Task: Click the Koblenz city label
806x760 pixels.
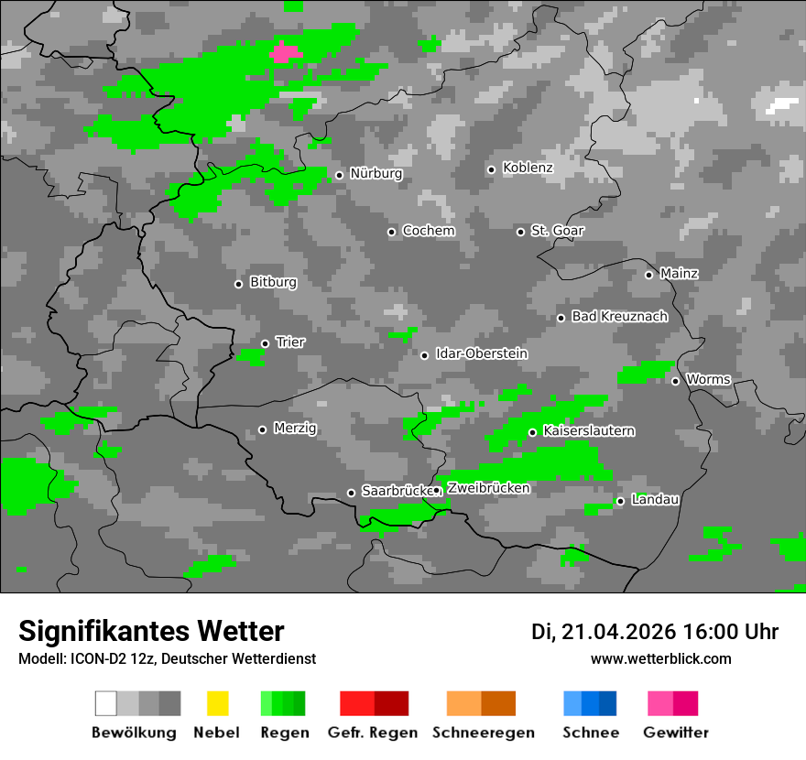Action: pyautogui.click(x=528, y=168)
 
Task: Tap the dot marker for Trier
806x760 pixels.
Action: pyautogui.click(x=265, y=343)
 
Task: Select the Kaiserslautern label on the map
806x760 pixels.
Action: pyautogui.click(x=589, y=431)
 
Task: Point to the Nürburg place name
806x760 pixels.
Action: pyautogui.click(x=376, y=174)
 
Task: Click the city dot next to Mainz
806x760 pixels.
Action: pyautogui.click(x=648, y=275)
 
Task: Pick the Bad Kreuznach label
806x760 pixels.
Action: pyautogui.click(x=619, y=317)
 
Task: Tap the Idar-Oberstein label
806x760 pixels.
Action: pyautogui.click(x=482, y=353)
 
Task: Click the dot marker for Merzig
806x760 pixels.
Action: pyautogui.click(x=262, y=429)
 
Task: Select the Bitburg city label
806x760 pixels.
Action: pyautogui.click(x=273, y=283)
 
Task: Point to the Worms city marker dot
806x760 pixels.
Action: pyautogui.click(x=675, y=381)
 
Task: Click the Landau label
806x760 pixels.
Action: pyautogui.click(x=656, y=500)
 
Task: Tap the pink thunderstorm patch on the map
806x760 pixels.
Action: pyautogui.click(x=285, y=52)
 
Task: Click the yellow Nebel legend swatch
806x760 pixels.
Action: pyautogui.click(x=217, y=703)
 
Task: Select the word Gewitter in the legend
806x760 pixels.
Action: pyautogui.click(x=675, y=733)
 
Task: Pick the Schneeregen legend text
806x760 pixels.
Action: pyautogui.click(x=483, y=733)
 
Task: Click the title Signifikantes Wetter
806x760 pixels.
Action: pyautogui.click(x=151, y=632)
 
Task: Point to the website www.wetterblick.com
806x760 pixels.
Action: pyautogui.click(x=660, y=659)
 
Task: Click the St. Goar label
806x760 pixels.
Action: pyautogui.click(x=557, y=231)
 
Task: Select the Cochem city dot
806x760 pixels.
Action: pyautogui.click(x=391, y=232)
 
